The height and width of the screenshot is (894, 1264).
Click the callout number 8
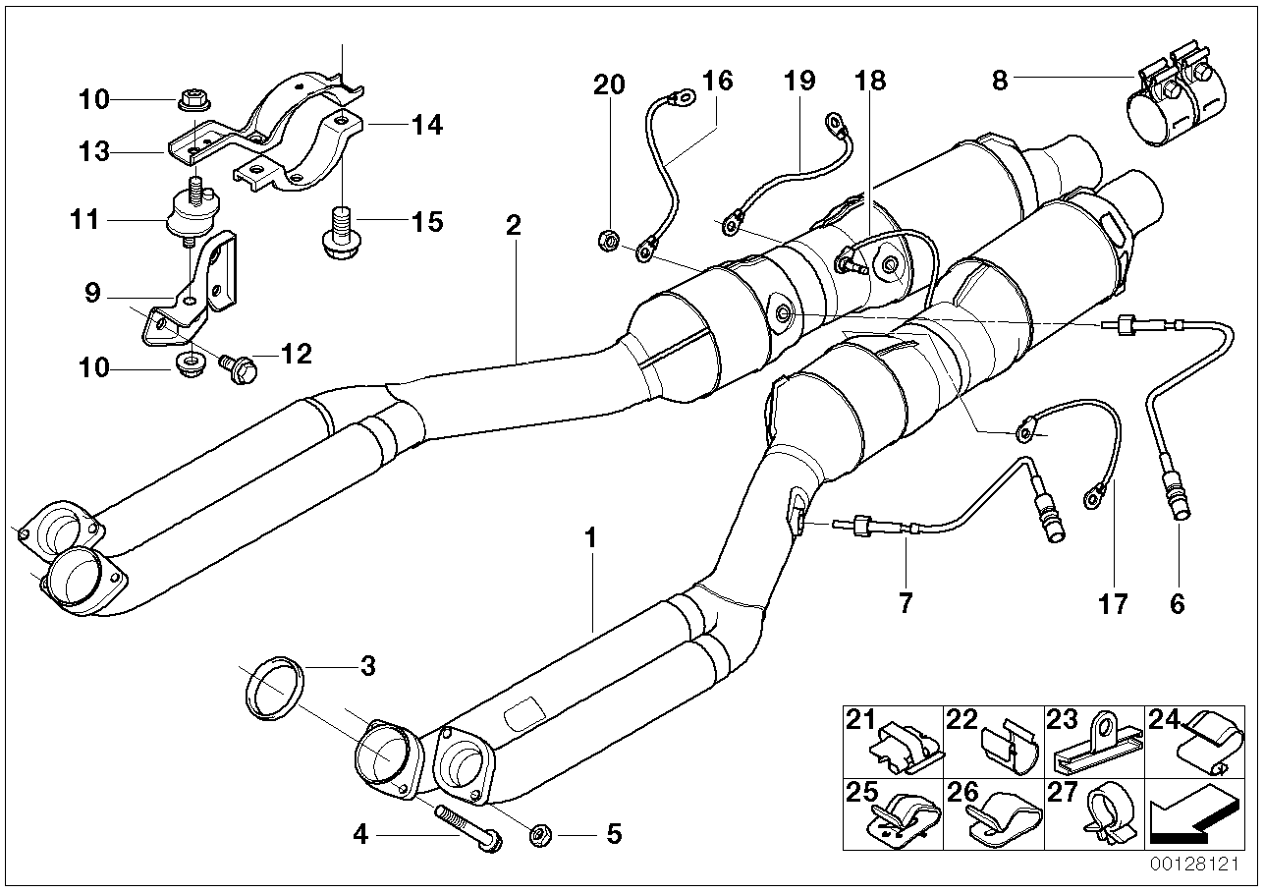coord(1000,80)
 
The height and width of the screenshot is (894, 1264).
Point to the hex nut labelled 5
coord(539,836)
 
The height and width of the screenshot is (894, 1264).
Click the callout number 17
coord(1113,602)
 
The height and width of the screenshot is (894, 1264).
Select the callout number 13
coord(96,152)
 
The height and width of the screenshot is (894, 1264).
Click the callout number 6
coord(1177,602)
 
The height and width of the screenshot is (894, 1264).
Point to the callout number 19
coord(800,81)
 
